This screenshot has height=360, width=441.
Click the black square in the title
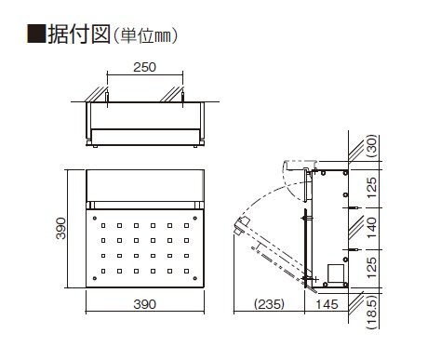click(36, 33)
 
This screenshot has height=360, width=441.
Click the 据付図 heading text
click(79, 33)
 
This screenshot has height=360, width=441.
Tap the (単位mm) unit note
click(145, 35)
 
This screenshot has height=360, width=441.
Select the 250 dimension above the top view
click(144, 67)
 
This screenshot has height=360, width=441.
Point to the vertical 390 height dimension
click(61, 229)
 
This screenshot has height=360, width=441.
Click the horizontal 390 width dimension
click(144, 304)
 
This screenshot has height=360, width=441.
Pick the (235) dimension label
click(269, 304)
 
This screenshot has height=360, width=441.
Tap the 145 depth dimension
click(327, 304)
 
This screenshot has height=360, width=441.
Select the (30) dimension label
click(372, 145)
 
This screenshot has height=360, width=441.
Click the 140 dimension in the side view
click(371, 228)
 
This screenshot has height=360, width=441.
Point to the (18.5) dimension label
click(372, 312)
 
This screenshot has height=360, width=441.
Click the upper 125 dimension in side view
click(371, 188)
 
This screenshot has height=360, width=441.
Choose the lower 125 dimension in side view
click(371, 267)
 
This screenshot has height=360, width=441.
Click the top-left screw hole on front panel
click(95, 219)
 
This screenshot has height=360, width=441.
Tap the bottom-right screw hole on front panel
click(195, 278)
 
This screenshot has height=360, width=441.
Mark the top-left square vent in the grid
click(103, 226)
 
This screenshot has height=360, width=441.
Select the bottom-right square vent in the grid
click(186, 271)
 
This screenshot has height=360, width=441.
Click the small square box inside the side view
click(336, 273)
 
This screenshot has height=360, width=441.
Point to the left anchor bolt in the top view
click(107, 97)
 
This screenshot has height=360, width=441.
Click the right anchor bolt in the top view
click(182, 97)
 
